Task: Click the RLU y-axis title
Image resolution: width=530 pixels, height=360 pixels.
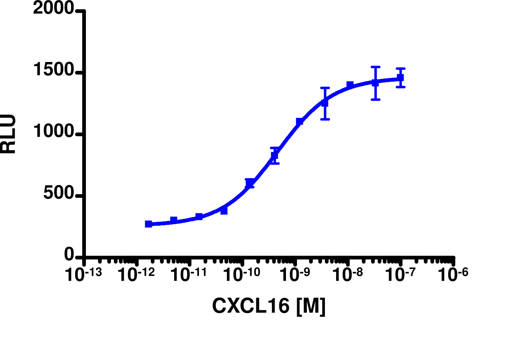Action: pyautogui.click(x=8, y=134)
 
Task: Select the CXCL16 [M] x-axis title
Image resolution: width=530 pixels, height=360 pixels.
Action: pyautogui.click(x=269, y=306)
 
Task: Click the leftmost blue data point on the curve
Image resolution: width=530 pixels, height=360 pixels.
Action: pyautogui.click(x=149, y=224)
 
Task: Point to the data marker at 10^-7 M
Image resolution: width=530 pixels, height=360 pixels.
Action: pyautogui.click(x=401, y=78)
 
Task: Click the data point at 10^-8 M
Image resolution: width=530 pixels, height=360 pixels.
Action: pyautogui.click(x=350, y=85)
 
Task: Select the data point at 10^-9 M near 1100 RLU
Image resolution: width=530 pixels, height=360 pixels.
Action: pyautogui.click(x=300, y=122)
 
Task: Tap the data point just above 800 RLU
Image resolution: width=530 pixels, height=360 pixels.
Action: pyautogui.click(x=274, y=156)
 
